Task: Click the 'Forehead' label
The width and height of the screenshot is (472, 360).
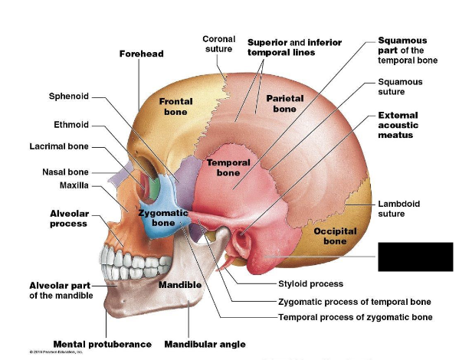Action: [141, 54]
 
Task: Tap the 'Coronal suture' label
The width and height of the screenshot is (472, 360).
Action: [218, 44]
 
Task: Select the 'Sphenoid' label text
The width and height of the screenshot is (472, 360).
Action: [69, 97]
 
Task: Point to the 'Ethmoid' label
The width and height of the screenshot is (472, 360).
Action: [71, 124]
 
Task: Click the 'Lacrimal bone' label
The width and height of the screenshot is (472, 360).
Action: [59, 146]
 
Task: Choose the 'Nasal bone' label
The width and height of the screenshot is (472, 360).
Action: [65, 172]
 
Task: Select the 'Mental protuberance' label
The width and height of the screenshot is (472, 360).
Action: [102, 344]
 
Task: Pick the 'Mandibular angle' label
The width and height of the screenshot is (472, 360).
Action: [205, 344]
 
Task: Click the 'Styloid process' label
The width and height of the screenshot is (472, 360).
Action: [309, 283]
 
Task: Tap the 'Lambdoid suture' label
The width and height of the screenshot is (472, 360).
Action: [398, 209]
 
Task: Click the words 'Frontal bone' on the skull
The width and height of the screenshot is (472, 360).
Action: [175, 106]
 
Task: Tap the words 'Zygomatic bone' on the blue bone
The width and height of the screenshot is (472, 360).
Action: [163, 218]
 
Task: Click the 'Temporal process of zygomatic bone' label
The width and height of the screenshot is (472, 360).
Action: [355, 316]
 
